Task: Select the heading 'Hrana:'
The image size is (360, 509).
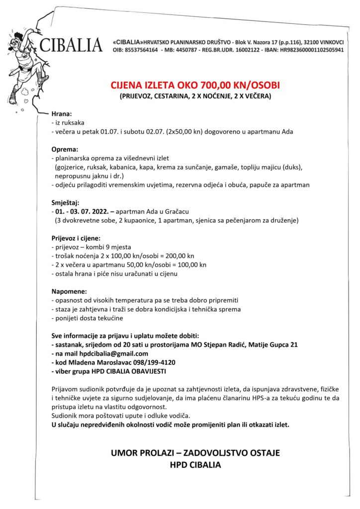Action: click(x=62, y=113)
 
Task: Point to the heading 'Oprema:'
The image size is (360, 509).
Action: click(x=65, y=149)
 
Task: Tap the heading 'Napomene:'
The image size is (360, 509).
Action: click(x=70, y=291)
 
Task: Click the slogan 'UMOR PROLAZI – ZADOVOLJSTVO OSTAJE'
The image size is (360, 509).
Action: click(x=195, y=453)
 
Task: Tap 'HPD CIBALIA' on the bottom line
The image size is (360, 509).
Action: click(x=195, y=465)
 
